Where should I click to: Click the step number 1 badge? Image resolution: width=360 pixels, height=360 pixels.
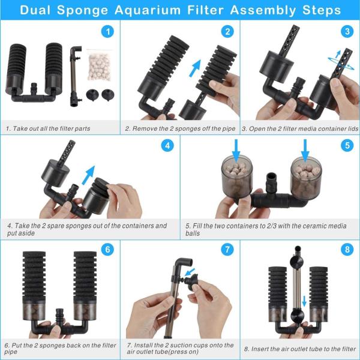[107, 32]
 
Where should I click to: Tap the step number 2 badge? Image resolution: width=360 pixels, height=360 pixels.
[227, 32]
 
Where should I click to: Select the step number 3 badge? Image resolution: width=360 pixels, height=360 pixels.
[347, 32]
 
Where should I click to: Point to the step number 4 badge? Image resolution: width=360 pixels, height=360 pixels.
[167, 146]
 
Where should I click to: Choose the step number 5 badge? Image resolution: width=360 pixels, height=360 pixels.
[347, 146]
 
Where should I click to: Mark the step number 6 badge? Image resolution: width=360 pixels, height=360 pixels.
[107, 249]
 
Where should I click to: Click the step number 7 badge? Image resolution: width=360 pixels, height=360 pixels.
[227, 249]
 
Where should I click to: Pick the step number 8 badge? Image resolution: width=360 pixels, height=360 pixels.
[347, 249]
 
